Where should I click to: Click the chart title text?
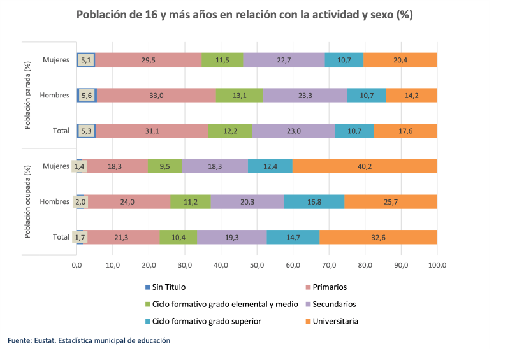(245, 15)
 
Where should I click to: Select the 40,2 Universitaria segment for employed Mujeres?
(365, 166)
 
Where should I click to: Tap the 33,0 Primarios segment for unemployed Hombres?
(156, 96)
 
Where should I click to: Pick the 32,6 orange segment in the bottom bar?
(378, 237)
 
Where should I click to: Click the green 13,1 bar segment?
(240, 96)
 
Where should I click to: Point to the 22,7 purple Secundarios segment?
(284, 60)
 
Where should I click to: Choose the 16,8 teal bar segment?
(314, 202)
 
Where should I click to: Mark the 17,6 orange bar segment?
(405, 131)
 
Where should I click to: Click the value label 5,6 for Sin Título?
(87, 96)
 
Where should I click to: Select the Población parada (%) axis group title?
(27, 96)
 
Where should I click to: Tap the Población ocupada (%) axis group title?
(27, 201)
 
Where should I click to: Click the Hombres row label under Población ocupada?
(54, 202)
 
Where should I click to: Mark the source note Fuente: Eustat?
(89, 341)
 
